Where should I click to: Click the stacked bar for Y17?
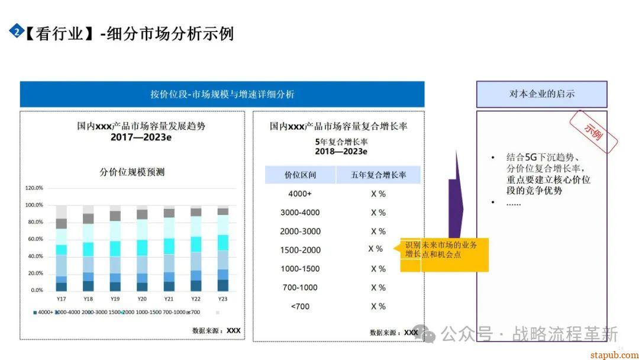(x=61, y=248)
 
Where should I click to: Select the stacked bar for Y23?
(x=222, y=249)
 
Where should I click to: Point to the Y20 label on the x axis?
(x=142, y=299)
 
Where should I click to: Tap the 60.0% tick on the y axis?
(x=34, y=239)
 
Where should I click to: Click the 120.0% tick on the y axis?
(x=34, y=188)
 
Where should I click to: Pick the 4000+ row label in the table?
(x=300, y=194)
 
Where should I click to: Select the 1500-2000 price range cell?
(x=300, y=250)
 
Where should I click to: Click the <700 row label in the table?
(x=300, y=306)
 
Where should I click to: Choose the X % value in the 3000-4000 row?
(x=378, y=213)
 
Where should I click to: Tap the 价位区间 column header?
(x=300, y=175)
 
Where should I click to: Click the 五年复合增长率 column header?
(x=379, y=175)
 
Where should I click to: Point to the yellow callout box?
(x=444, y=255)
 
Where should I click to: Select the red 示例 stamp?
(x=593, y=131)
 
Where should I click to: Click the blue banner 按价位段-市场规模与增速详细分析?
(x=222, y=94)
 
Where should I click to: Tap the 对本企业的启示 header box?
(x=541, y=94)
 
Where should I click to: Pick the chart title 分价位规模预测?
(x=131, y=172)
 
